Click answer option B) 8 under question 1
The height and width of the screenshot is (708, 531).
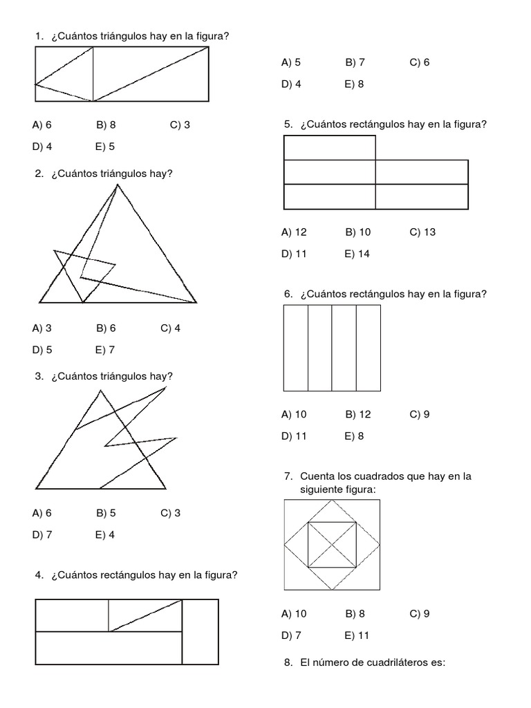coord(106,125)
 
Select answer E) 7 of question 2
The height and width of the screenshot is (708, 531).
coord(105,350)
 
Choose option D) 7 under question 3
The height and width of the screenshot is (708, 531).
coord(41,534)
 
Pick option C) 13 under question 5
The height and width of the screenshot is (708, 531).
coord(422,232)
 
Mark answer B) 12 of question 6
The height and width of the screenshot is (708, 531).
coord(357,415)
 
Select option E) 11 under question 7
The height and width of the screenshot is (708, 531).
coord(357,635)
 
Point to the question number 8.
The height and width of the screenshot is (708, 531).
coord(288,662)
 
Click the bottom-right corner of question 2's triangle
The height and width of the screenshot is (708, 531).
coord(196,303)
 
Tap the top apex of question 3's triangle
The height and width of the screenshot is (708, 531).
coord(102,391)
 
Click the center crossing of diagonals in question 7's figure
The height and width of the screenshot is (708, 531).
coord(332,544)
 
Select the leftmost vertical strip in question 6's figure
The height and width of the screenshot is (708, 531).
coord(296,348)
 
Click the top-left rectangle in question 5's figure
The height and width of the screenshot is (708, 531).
coord(330,148)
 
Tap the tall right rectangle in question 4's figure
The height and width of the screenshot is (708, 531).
coord(200,632)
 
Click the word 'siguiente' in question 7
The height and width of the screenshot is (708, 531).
coord(321,490)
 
